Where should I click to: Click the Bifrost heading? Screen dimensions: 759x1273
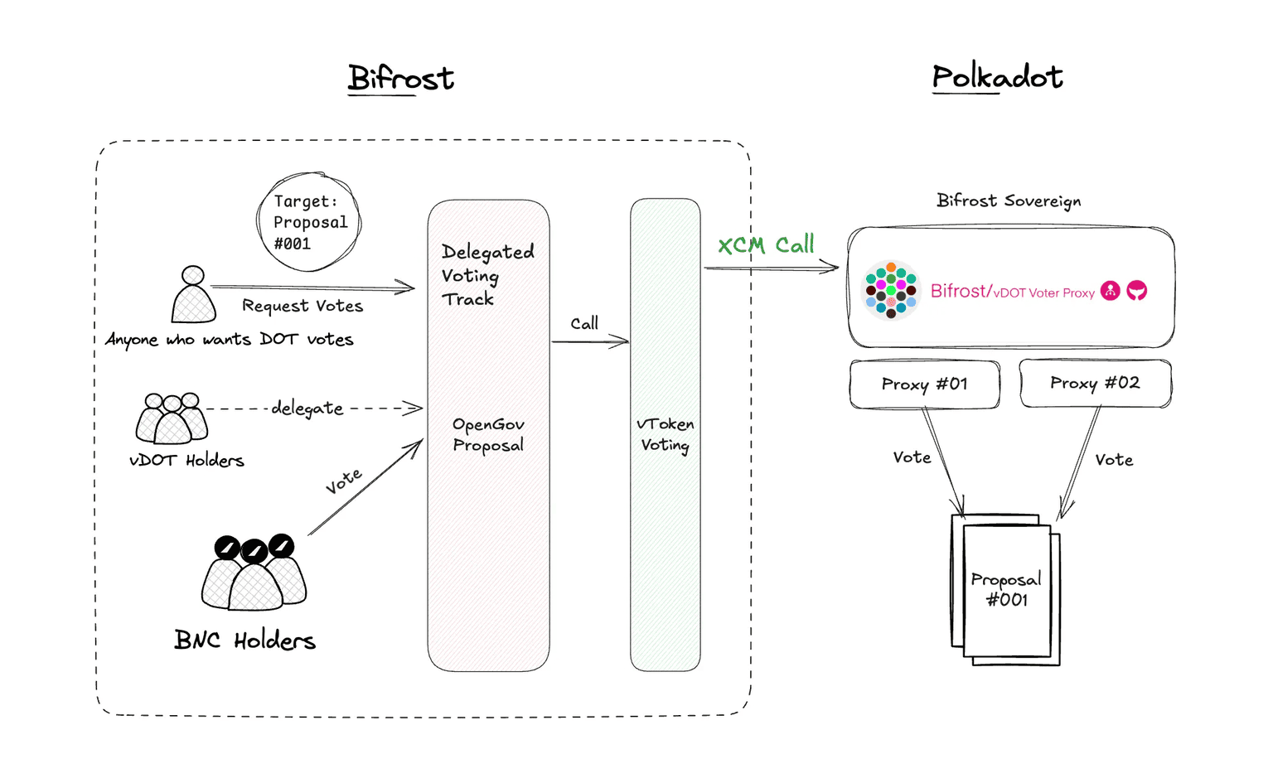400,78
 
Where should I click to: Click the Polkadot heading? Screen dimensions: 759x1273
997,77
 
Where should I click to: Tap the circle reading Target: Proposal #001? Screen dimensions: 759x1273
309,222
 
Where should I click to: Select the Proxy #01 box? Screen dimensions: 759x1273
924,384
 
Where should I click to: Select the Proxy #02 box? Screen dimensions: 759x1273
1095,383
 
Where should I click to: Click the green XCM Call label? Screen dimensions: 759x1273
766,245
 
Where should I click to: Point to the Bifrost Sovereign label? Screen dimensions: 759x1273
1008,201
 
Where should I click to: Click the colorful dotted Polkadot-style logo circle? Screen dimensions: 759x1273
891,290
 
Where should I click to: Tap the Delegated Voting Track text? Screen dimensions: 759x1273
486,274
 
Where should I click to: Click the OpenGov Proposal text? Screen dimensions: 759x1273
488,434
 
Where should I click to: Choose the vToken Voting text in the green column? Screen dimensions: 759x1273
666,434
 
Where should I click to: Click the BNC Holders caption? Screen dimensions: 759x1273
244,641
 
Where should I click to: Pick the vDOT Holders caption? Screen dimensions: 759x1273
186,461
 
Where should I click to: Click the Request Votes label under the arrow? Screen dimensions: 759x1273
303,306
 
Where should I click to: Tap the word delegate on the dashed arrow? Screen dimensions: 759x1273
307,408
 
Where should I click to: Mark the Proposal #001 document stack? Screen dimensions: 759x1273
1006,589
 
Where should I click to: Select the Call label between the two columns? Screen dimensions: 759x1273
584,323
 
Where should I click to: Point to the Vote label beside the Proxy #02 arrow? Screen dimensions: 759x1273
1113,460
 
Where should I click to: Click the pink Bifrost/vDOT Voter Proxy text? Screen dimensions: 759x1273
1012,291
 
